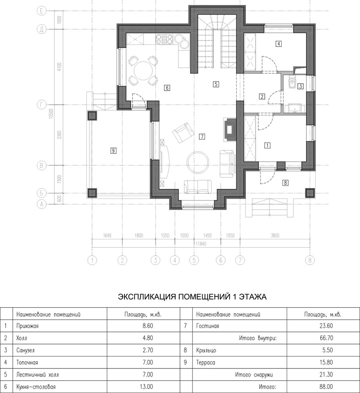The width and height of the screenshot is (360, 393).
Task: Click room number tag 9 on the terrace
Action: coord(113,150)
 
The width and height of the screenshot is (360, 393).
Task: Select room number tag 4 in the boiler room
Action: coord(279,44)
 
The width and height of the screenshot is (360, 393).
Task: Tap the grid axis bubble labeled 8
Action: coord(309,260)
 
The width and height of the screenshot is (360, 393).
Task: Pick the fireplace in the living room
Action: coord(229,129)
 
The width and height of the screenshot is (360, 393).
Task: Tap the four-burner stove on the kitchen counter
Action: coord(164,39)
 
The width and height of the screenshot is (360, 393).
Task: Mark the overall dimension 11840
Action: coord(201,243)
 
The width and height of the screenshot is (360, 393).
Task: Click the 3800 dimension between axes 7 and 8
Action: coord(275,235)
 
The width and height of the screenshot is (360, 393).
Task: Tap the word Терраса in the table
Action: coord(205,363)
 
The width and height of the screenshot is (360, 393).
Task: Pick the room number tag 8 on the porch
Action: coord(285,183)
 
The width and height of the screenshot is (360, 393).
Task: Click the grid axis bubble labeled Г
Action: coord(41,105)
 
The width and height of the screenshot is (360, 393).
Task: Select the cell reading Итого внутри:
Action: coord(257,339)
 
